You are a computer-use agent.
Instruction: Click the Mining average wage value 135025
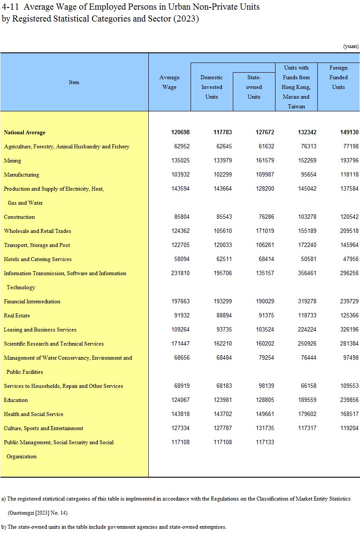[180, 161]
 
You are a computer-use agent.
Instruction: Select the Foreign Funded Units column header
[338, 77]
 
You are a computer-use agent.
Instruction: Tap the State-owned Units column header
[254, 87]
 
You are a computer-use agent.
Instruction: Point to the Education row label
[16, 400]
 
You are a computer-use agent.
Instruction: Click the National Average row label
[25, 133]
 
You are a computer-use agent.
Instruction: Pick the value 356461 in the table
[307, 273]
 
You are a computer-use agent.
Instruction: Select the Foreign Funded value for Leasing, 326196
[349, 330]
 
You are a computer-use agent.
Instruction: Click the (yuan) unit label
[350, 46]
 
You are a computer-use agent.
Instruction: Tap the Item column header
[74, 82]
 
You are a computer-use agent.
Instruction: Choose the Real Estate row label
[17, 316]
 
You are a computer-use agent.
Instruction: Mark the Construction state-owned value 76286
[265, 217]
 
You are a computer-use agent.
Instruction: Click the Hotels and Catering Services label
[38, 259]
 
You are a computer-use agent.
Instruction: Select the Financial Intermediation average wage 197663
[180, 302]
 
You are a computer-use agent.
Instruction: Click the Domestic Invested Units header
[212, 87]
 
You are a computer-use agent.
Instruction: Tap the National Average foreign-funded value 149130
[349, 133]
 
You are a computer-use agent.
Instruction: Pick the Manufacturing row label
[22, 175]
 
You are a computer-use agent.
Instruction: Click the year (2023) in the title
[186, 19]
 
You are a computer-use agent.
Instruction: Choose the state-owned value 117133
[265, 442]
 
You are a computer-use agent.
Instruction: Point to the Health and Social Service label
[33, 414]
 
